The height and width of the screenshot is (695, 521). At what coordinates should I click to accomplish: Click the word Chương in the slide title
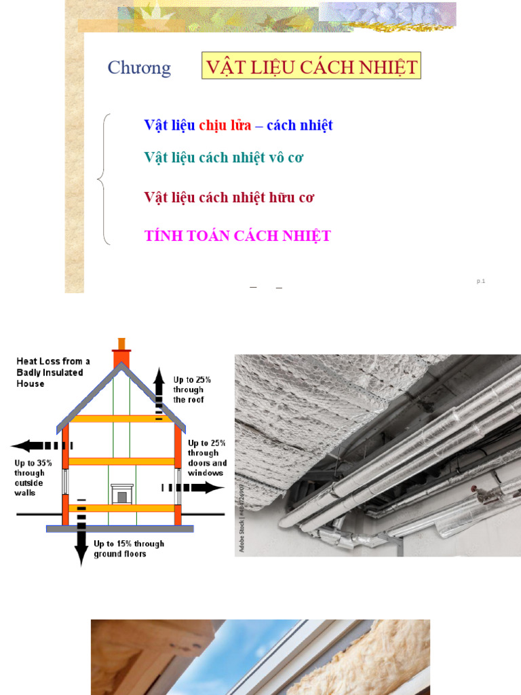(139, 68)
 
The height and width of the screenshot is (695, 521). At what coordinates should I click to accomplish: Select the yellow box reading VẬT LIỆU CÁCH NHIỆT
(311, 66)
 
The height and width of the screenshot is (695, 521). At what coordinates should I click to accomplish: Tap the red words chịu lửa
(225, 126)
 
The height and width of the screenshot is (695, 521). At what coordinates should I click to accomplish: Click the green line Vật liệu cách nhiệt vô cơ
(224, 157)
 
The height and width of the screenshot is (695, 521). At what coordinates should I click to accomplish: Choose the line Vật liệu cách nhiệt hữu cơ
(229, 198)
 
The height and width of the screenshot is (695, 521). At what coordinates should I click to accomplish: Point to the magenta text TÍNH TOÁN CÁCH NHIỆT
(237, 236)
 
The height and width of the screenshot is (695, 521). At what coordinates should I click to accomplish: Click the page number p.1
(481, 281)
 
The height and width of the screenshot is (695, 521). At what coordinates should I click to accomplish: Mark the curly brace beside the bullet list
(104, 179)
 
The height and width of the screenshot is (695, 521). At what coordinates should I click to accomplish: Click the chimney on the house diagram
(121, 352)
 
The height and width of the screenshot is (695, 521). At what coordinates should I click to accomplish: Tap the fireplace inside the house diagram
(122, 494)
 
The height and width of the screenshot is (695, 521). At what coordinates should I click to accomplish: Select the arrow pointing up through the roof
(159, 394)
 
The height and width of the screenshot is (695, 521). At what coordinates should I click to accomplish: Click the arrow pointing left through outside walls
(41, 445)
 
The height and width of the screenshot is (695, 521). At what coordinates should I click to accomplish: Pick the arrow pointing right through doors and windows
(193, 487)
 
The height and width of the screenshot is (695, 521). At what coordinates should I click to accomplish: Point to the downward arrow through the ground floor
(81, 532)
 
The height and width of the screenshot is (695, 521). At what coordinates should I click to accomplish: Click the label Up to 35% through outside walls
(33, 478)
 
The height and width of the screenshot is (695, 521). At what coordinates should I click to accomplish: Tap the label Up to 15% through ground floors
(129, 548)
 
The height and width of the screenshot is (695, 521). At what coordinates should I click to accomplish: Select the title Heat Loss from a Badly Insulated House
(53, 373)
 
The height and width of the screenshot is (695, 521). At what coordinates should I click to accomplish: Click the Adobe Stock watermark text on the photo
(242, 516)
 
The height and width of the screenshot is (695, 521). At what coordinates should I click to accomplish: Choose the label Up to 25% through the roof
(192, 390)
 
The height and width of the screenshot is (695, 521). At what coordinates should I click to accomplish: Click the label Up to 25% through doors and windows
(207, 458)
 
